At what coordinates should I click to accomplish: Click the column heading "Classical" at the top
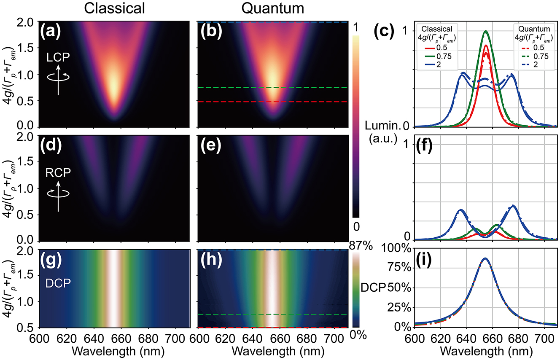coord(114,8)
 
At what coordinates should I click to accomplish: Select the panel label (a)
coord(51,31)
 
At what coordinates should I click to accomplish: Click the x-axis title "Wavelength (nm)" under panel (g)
coord(114,351)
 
